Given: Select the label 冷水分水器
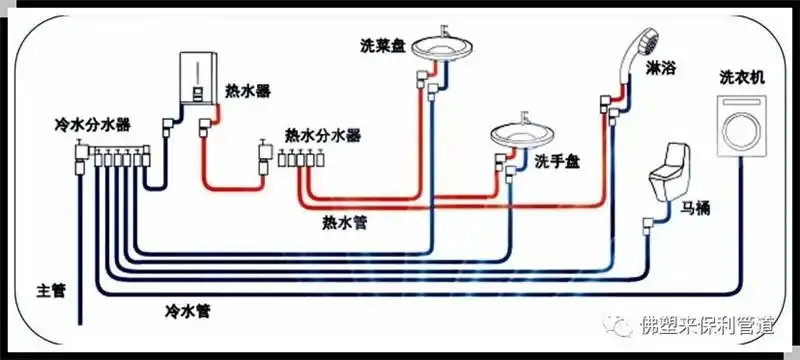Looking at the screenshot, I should click(x=93, y=127).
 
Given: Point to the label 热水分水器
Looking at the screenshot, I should click(x=322, y=134).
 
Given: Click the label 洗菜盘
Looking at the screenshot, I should click(x=383, y=46).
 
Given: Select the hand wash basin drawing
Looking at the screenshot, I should click(x=518, y=136).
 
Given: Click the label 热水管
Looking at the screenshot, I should click(x=344, y=221).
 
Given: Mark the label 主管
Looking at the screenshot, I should click(x=50, y=290).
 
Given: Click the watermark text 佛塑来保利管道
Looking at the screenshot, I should click(x=711, y=325).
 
